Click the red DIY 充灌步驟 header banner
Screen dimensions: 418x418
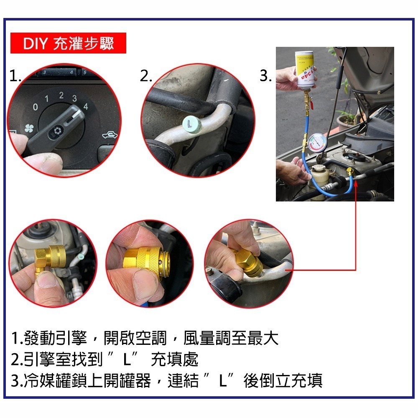pyautogui.click(x=68, y=43)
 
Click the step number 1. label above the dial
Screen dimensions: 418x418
pyautogui.click(x=15, y=76)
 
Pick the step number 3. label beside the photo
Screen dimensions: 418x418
pyautogui.click(x=265, y=76)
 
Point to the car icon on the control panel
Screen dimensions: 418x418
pyautogui.click(x=109, y=135)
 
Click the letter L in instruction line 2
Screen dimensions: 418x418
pyautogui.click(x=130, y=359)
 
